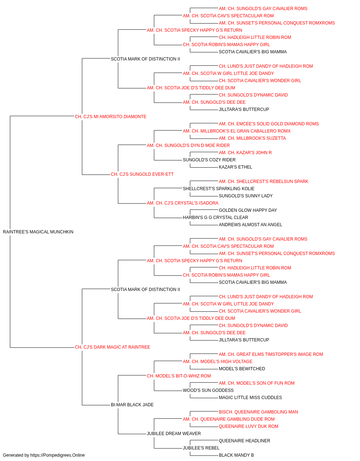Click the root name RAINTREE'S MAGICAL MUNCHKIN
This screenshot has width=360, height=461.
click(x=38, y=232)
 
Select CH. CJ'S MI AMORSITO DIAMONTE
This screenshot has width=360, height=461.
click(x=111, y=117)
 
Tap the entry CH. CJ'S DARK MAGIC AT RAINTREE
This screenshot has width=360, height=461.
click(x=112, y=347)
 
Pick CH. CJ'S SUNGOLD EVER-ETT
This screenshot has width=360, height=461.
click(x=142, y=174)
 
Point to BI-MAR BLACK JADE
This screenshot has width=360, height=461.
click(x=132, y=405)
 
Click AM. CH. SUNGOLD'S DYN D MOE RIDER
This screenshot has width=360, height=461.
click(x=188, y=146)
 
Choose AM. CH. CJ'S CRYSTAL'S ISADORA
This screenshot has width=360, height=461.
click(x=183, y=203)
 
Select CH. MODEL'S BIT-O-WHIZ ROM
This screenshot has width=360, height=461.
click(x=179, y=376)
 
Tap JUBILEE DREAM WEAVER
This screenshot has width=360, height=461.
click(x=174, y=434)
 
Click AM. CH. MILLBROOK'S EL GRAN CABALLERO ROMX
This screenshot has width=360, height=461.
click(x=237, y=131)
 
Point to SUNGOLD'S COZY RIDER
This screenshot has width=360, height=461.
click(x=209, y=160)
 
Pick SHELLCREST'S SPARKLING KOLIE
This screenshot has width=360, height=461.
click(x=219, y=189)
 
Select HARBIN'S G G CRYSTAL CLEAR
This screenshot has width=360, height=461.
click(x=215, y=218)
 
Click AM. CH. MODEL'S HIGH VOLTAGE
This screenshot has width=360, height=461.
click(x=217, y=362)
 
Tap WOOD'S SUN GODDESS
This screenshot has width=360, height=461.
click(x=208, y=390)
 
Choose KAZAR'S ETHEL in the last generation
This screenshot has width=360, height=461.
click(x=235, y=167)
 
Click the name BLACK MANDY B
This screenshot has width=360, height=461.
click(x=236, y=455)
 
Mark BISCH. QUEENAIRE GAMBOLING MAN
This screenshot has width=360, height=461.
click(x=258, y=412)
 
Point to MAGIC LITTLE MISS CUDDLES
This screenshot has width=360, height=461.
click(x=250, y=398)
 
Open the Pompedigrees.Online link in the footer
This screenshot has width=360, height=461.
click(x=57, y=455)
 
